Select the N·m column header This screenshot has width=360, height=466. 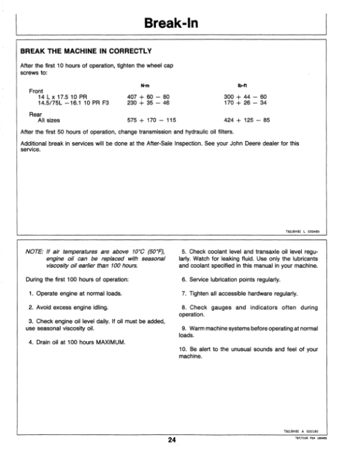click(x=143, y=85)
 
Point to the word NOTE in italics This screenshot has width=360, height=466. click(x=31, y=251)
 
